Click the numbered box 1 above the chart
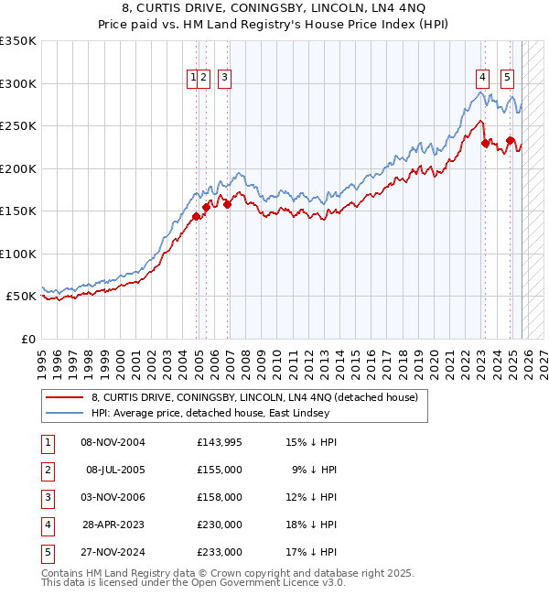(194, 79)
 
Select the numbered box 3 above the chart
(224, 79)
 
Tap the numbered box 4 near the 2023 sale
(481, 79)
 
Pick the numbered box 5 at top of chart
(507, 79)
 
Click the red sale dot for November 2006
(227, 204)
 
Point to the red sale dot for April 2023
(485, 143)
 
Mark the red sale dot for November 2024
(510, 140)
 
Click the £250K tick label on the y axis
(18, 126)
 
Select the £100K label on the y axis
(18, 254)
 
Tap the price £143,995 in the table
(219, 442)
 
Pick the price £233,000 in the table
(219, 552)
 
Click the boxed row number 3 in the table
(46, 497)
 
